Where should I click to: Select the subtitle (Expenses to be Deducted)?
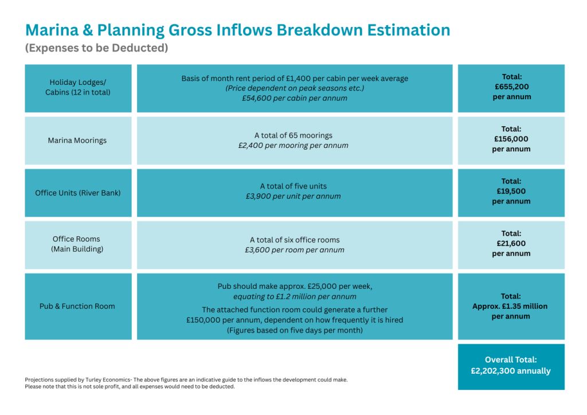[x=96, y=48]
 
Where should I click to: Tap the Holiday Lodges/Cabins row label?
[x=78, y=87]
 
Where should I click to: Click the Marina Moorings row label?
[x=77, y=140]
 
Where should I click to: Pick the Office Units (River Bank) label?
[x=78, y=193]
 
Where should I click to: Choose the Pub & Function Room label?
[x=77, y=306]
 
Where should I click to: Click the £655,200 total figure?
[x=511, y=87]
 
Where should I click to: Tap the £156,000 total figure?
[x=511, y=139]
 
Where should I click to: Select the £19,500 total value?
[x=511, y=191]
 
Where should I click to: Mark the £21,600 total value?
[x=511, y=244]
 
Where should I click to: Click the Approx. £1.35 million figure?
[x=510, y=306]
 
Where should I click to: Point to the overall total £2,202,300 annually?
[x=511, y=371]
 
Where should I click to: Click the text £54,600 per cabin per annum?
[x=295, y=98]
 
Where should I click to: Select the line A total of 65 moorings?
[x=293, y=135]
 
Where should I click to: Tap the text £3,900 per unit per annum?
[x=293, y=196]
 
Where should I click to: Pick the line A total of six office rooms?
[x=295, y=240]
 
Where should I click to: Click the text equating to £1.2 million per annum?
[x=295, y=296]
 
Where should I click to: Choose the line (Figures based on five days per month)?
[x=295, y=330]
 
